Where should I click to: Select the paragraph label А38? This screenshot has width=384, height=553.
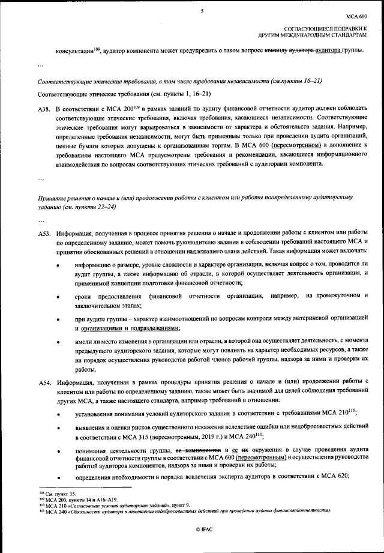pyautogui.click(x=44, y=109)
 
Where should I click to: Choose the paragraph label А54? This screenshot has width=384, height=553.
pyautogui.click(x=44, y=382)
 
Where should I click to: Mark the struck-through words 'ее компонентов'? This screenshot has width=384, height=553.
pyautogui.click(x=197, y=450)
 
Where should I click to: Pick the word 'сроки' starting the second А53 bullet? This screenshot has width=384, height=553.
pyautogui.click(x=85, y=297)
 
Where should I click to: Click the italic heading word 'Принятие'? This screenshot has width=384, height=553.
pyautogui.click(x=52, y=197)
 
